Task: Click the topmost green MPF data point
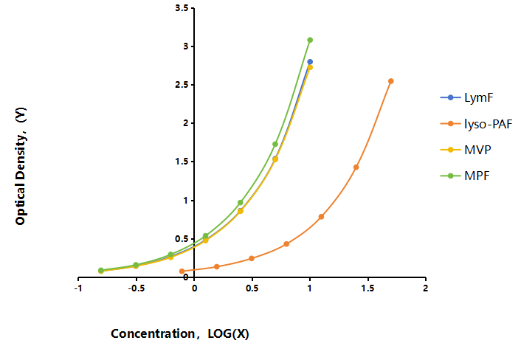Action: (x=310, y=40)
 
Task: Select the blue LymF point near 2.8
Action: (x=310, y=62)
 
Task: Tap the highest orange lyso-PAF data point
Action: (x=391, y=81)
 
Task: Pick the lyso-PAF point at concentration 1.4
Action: (x=356, y=167)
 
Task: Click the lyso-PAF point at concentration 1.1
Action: (x=321, y=217)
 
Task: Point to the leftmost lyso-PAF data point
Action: (x=182, y=271)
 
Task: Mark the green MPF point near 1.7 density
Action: (x=275, y=144)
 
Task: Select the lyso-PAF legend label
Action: (x=488, y=124)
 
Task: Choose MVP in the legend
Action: (x=477, y=150)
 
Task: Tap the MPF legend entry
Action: (x=477, y=176)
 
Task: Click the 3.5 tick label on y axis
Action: (x=182, y=7)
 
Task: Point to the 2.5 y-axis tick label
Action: (x=182, y=85)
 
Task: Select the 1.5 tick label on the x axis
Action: (x=368, y=288)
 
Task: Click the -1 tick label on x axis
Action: (x=78, y=288)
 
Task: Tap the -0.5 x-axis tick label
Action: (x=137, y=288)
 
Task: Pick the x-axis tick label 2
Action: (x=425, y=288)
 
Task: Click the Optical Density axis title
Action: (x=21, y=166)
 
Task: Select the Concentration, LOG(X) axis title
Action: (x=180, y=333)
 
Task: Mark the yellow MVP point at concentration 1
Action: (x=310, y=67)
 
